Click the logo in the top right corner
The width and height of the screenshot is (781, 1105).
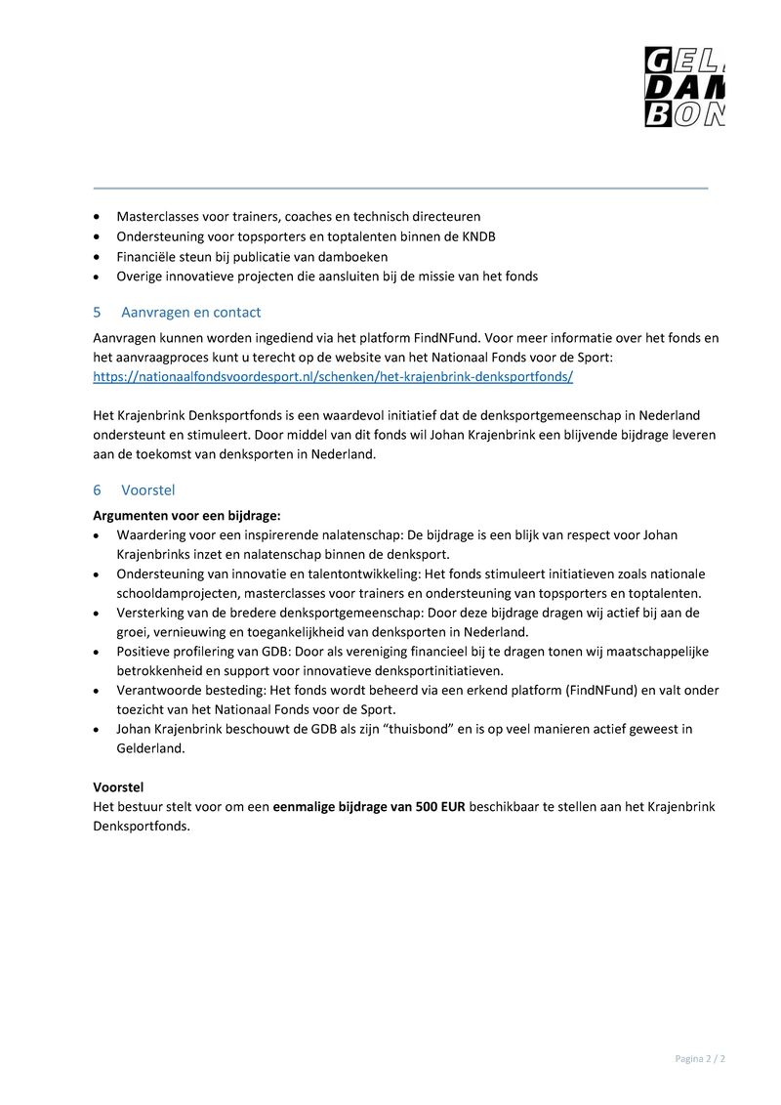[684, 87]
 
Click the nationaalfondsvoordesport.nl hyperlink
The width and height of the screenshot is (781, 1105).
[333, 376]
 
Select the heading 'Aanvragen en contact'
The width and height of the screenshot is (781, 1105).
[190, 313]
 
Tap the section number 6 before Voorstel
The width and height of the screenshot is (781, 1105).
[97, 490]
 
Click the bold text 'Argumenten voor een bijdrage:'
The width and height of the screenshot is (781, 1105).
[186, 515]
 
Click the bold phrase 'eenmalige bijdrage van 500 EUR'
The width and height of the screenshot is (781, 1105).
[369, 806]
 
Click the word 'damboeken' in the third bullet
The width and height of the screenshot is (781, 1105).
[354, 257]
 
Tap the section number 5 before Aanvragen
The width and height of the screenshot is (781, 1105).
[97, 313]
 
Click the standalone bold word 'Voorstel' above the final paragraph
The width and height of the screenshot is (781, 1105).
[118, 786]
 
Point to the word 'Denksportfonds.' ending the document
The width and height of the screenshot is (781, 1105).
[142, 826]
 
